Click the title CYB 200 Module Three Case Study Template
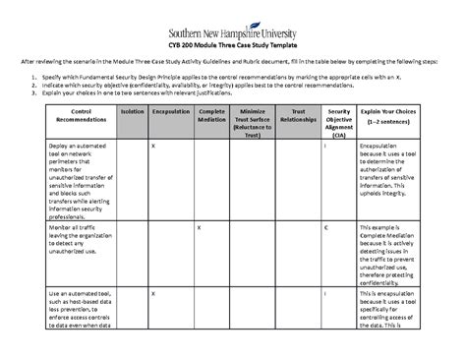pyautogui.click(x=233, y=47)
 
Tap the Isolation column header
pyautogui.click(x=131, y=113)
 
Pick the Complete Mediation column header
pyautogui.click(x=212, y=117)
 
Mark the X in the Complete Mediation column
pyautogui.click(x=199, y=227)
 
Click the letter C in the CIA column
pyautogui.click(x=326, y=227)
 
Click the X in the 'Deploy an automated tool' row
pyautogui.click(x=151, y=146)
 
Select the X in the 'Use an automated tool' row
pyautogui.click(x=151, y=293)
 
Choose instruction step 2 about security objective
pyautogui.click(x=197, y=85)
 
